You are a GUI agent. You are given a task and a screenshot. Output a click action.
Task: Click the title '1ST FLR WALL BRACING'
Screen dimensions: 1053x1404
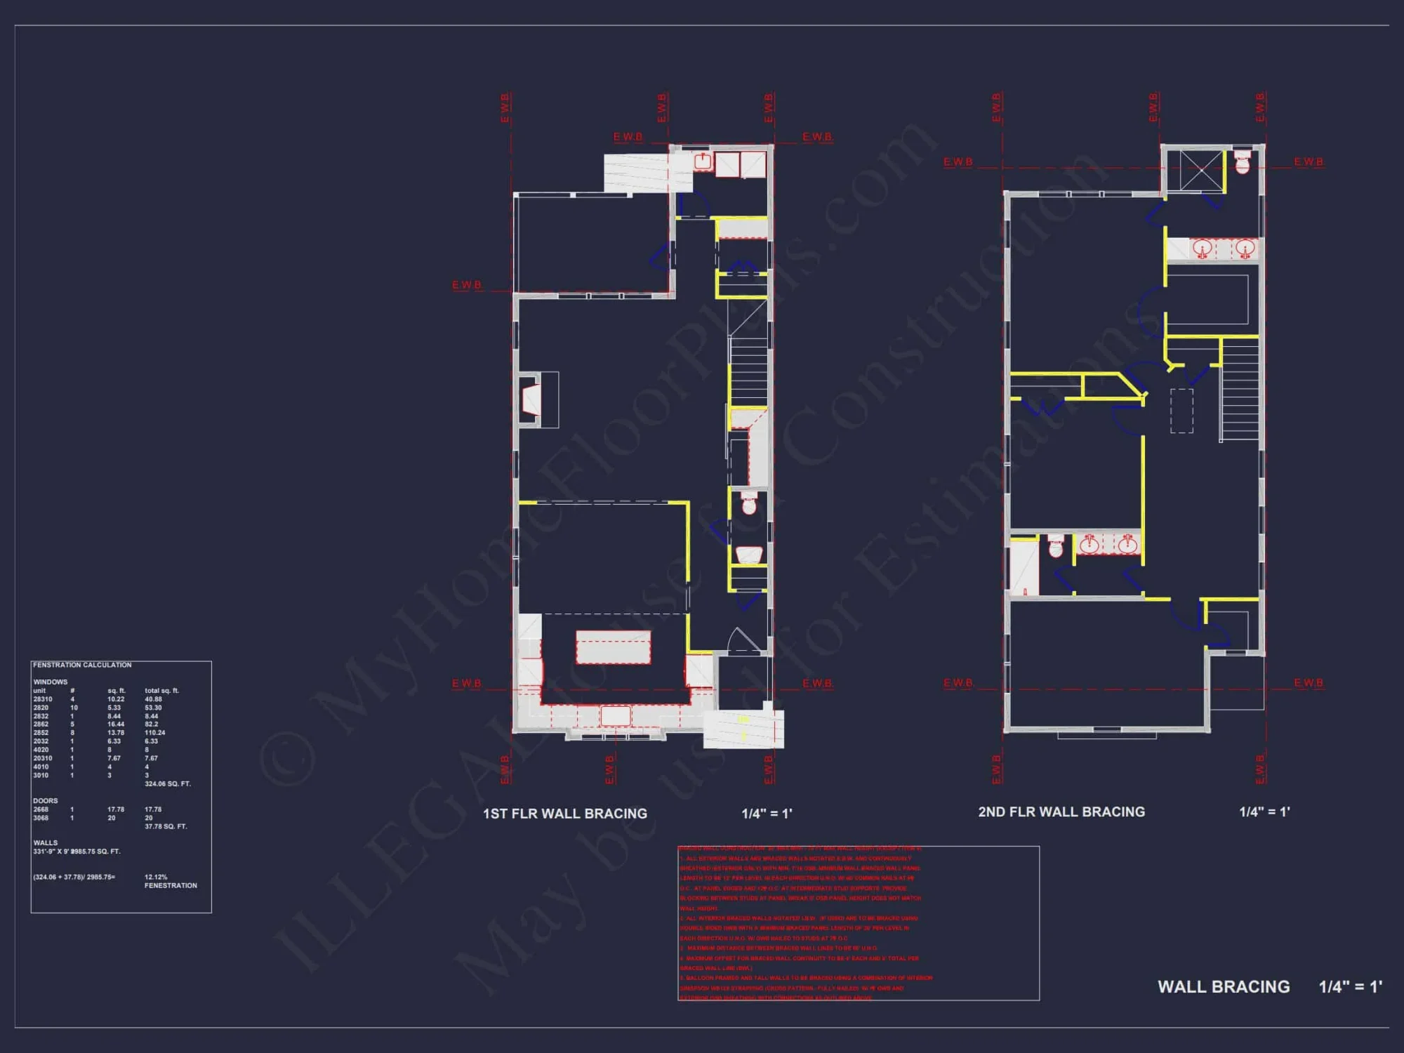click(564, 814)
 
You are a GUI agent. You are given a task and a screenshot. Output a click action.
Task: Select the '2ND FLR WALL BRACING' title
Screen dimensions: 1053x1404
click(1061, 812)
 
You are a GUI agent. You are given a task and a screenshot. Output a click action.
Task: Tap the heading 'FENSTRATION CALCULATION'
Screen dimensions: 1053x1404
click(82, 665)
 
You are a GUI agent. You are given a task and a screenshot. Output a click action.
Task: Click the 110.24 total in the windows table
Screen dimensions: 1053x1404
click(154, 733)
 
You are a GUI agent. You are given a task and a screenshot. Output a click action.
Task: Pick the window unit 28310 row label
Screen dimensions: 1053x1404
click(42, 699)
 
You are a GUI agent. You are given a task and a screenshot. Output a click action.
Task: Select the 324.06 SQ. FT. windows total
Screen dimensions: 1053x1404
click(167, 783)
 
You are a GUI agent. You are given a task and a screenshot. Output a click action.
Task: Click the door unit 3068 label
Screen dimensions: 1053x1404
click(41, 818)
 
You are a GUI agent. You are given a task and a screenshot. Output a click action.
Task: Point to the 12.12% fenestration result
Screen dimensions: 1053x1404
click(156, 877)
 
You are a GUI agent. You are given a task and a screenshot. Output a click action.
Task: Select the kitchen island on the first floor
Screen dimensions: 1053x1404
click(613, 647)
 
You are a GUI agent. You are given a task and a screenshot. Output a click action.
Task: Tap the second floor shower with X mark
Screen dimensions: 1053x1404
click(1200, 170)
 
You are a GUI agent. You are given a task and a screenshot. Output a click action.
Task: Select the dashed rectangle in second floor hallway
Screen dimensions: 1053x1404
click(1181, 411)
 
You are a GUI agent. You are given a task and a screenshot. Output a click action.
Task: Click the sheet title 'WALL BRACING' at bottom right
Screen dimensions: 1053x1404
click(1223, 986)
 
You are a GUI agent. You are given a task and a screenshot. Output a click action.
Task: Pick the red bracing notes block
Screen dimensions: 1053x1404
click(858, 923)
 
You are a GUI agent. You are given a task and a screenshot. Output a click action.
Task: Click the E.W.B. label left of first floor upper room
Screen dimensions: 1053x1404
click(467, 285)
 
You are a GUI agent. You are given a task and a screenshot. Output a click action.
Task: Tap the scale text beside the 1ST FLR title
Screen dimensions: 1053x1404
click(767, 814)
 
